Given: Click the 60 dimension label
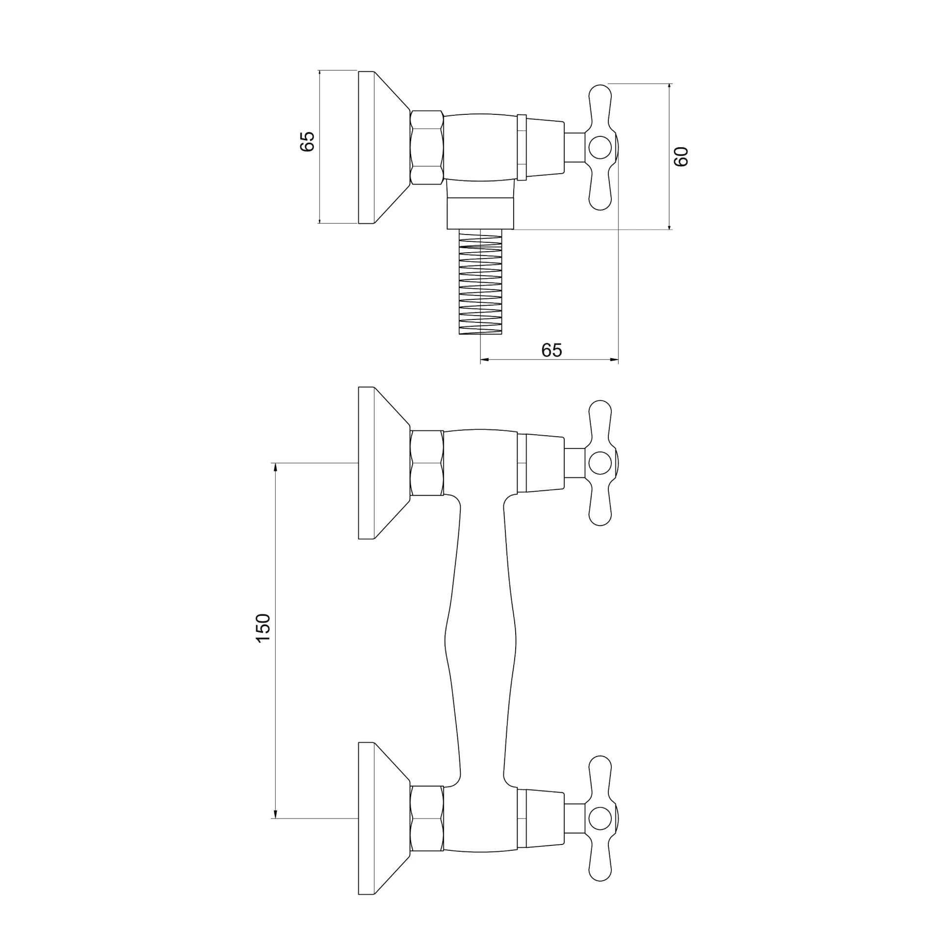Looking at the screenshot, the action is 681,157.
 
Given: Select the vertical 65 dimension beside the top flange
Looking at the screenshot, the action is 307,141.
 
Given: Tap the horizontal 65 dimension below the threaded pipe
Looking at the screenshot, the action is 552,350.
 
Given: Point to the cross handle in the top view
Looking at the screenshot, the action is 601,147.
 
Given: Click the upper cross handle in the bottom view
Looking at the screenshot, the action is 601,463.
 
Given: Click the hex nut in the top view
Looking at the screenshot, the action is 427,147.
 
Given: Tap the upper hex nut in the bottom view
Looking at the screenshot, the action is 427,463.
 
